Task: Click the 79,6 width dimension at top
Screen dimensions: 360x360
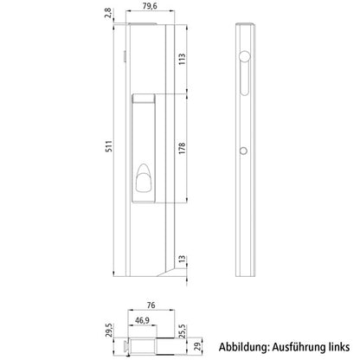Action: click(149, 8)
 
